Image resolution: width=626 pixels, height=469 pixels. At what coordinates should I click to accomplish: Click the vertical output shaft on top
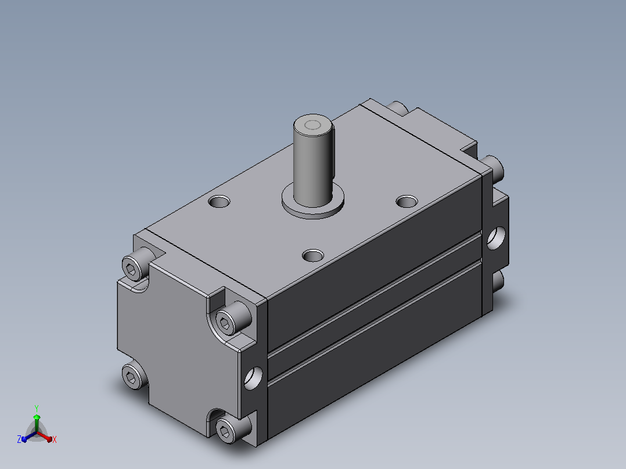coord(313,160)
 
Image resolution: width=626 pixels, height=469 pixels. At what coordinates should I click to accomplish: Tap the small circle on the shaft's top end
coord(312,126)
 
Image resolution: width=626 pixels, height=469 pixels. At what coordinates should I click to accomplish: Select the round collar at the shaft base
coord(313,201)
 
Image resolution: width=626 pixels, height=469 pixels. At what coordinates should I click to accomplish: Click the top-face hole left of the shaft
coord(219,201)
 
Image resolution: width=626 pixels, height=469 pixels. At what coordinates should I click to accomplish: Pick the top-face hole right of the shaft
coord(406,201)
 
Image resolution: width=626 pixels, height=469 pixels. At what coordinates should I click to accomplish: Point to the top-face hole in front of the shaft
coord(313,255)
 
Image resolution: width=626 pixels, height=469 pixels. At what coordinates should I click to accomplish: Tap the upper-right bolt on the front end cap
coord(233,318)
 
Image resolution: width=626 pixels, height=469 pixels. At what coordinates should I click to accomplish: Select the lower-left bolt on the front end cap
coord(133,375)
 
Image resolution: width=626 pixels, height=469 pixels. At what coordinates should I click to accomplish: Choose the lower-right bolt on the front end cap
coord(232,428)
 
